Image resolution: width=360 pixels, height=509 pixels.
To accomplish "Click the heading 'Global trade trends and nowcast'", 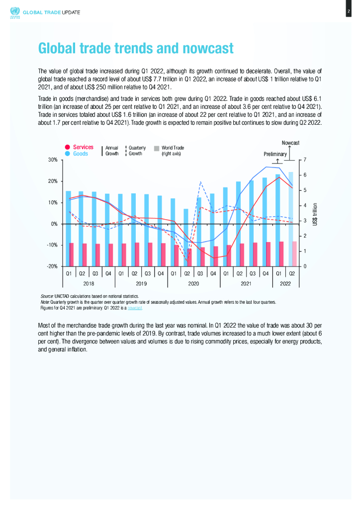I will (136, 49).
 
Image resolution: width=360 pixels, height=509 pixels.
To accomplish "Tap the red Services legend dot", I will (67, 147).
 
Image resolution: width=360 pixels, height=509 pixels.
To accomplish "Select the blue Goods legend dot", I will (67, 154).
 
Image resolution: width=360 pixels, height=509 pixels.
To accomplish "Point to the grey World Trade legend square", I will (157, 148).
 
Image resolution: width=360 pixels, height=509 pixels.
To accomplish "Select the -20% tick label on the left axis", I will (52, 267).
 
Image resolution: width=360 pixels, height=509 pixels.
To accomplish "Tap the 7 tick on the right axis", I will (303, 160).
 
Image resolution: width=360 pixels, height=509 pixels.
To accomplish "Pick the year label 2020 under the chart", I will (193, 283).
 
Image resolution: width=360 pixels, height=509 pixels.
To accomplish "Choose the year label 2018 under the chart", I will (89, 283).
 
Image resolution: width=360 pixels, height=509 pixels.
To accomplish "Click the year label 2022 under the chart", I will (285, 283).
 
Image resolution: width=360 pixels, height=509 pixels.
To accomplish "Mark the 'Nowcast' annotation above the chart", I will (290, 143).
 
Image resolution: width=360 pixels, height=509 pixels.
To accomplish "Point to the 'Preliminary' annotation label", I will (275, 154).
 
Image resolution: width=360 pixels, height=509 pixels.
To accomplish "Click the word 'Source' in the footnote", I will (46, 296).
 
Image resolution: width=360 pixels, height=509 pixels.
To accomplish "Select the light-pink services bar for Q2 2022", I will (294, 254).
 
